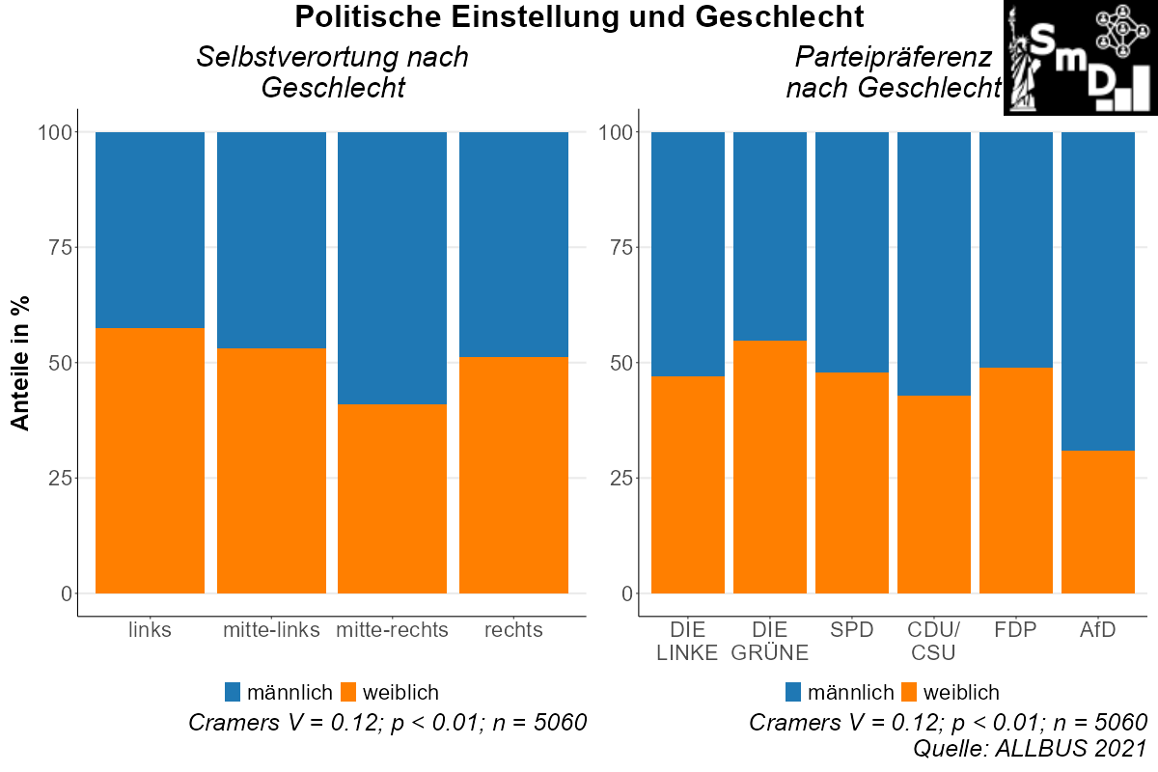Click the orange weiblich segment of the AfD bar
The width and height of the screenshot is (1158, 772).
click(x=1098, y=521)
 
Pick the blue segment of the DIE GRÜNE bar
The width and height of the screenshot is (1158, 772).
click(x=770, y=235)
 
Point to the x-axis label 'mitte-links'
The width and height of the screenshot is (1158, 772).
click(x=271, y=631)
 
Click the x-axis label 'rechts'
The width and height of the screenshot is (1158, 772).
click(x=513, y=631)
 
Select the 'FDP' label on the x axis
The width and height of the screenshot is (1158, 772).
click(x=1016, y=631)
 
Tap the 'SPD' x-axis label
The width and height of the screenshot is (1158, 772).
click(x=852, y=631)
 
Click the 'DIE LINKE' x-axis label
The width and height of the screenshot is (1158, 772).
click(x=688, y=642)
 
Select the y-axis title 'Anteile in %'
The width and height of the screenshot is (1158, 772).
click(x=20, y=363)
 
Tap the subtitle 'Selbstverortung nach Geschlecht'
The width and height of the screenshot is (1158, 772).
click(x=332, y=72)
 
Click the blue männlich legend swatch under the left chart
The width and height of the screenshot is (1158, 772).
click(x=233, y=692)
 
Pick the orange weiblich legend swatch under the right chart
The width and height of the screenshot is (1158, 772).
click(x=908, y=692)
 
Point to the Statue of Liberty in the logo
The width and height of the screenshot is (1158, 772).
click(x=1022, y=63)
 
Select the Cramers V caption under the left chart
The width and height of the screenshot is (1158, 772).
click(x=388, y=723)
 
